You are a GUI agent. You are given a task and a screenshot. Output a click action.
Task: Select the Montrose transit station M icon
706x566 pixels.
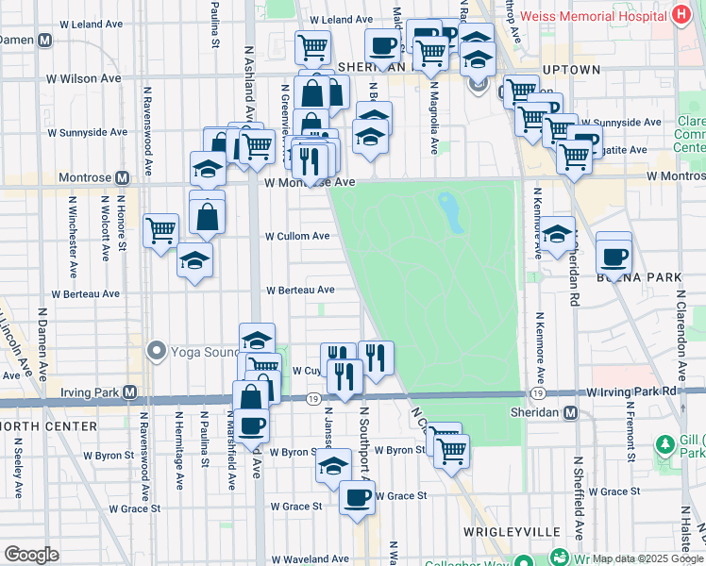(122, 177)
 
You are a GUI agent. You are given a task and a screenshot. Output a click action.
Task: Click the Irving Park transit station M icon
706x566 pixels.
(130, 391)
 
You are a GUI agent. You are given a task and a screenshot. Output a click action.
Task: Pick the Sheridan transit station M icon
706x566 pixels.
(570, 412)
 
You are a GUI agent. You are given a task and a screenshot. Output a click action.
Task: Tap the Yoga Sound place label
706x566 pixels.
(206, 353)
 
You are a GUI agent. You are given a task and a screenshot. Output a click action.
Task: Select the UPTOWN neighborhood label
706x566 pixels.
(571, 70)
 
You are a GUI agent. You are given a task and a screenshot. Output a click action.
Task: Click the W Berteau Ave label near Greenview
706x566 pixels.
(300, 291)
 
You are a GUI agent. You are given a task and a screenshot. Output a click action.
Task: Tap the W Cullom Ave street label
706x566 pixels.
(296, 236)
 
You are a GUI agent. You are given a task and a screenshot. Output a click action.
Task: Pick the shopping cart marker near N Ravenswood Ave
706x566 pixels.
(161, 229)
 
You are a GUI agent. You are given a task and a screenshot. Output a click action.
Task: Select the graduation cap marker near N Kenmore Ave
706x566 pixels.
(557, 232)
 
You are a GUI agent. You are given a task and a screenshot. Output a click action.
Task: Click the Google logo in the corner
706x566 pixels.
(31, 555)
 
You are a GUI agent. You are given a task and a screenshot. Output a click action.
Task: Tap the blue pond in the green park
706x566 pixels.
(451, 211)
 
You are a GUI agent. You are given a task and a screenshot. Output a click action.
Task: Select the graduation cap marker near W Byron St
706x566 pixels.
(333, 465)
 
